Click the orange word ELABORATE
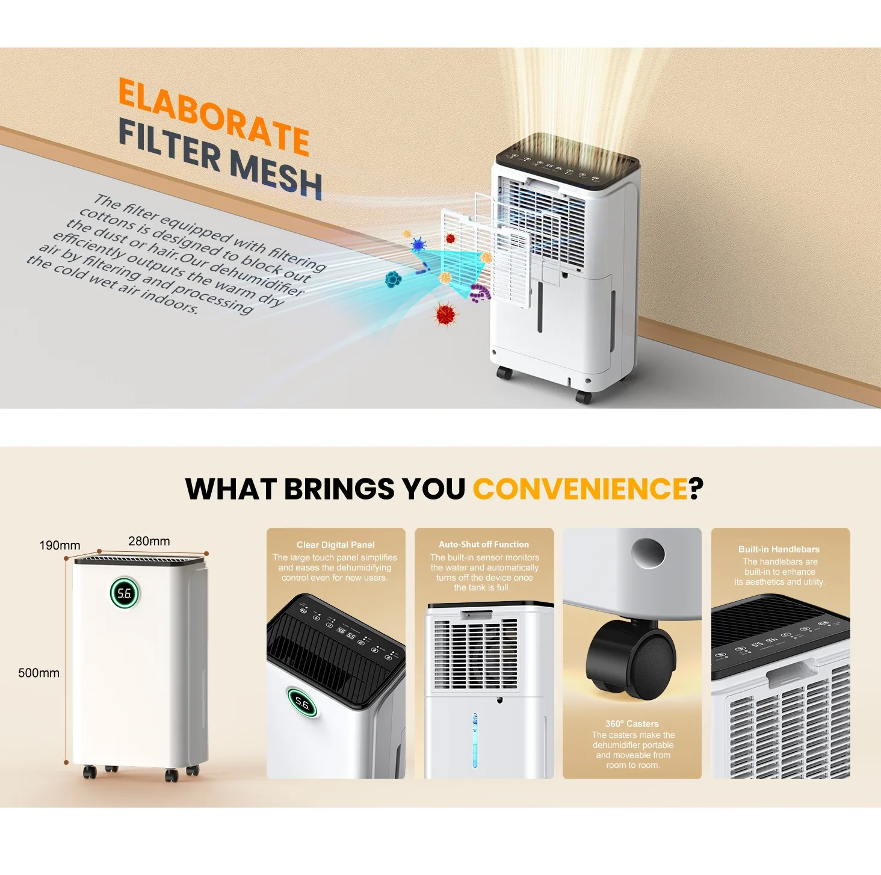point(214,116)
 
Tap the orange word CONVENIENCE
point(580,489)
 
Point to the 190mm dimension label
point(60,545)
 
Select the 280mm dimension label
point(149,541)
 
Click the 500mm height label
point(39,673)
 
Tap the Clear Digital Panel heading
point(336,545)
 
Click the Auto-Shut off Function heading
point(484,544)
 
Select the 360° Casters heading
point(632,723)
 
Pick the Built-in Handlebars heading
point(779,549)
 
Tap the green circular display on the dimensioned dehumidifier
point(125,593)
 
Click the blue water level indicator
point(475,740)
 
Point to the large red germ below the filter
point(445,314)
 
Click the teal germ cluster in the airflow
point(393,279)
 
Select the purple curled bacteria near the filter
point(480,292)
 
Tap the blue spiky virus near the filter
point(418,245)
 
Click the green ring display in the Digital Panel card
point(302,702)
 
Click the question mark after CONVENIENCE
point(696,489)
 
